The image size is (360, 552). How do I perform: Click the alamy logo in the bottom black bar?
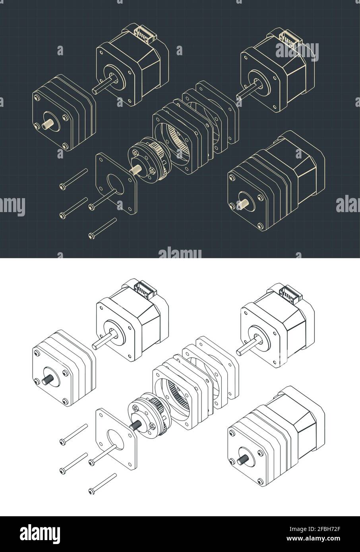point(42,533)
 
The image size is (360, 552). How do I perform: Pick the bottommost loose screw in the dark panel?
point(103,228)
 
